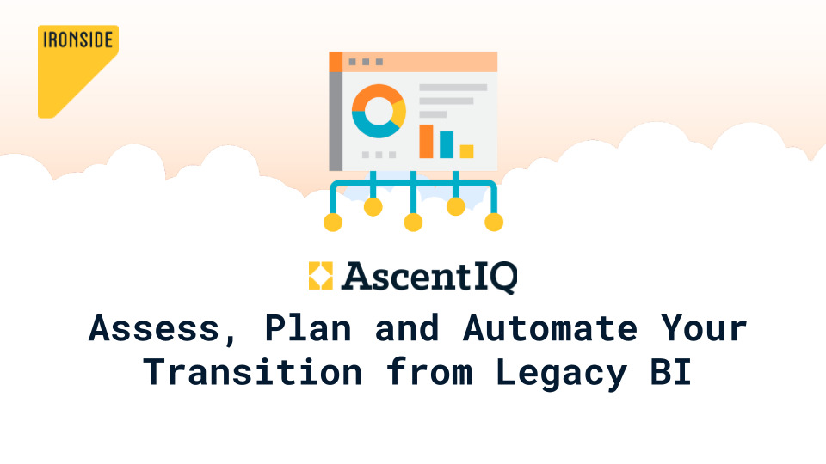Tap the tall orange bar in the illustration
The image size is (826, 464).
pos(426,141)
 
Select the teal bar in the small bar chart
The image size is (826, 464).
pos(447,144)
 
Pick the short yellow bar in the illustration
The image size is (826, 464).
pos(466,151)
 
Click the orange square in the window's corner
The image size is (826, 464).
pos(336,62)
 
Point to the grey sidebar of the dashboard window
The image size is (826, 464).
pos(336,121)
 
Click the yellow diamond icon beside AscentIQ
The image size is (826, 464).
pos(321,276)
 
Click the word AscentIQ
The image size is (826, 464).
pos(429,277)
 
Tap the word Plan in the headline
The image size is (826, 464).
pos(308,328)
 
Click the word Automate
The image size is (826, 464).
pos(550,328)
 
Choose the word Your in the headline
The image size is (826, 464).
pos(705,328)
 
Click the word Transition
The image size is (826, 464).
pos(253,372)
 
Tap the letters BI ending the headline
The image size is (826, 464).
pos(670,372)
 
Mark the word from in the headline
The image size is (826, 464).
pos(429,372)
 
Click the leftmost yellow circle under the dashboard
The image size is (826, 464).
pos(333,222)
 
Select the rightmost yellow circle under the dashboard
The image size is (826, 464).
pos(494,222)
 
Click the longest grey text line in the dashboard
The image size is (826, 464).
pos(453,88)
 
